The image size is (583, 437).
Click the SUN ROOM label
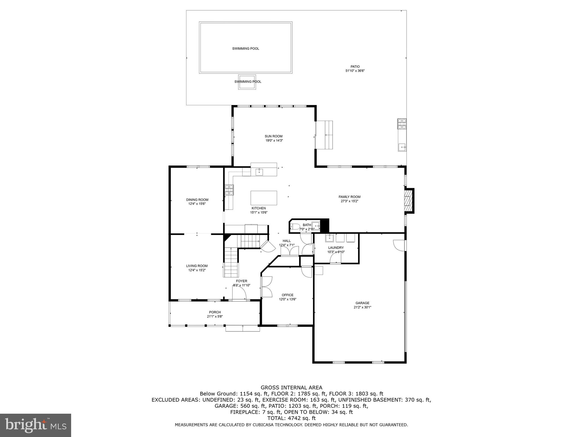pyautogui.click(x=274, y=136)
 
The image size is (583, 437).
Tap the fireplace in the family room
pyautogui.click(x=409, y=201)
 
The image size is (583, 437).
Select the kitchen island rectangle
pyautogui.click(x=264, y=198)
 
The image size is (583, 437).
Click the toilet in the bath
pyautogui.click(x=295, y=227)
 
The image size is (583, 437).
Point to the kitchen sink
pyautogui.click(x=259, y=172)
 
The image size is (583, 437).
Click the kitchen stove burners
pyautogui.click(x=229, y=190)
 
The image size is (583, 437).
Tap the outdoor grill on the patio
pyautogui.click(x=402, y=124)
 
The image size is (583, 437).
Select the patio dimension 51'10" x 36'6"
pyautogui.click(x=355, y=71)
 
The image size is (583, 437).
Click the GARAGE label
pyautogui.click(x=362, y=303)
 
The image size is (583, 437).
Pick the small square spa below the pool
pyautogui.click(x=247, y=82)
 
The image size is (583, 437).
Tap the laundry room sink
pyautogui.click(x=330, y=238)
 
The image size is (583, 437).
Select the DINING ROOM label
pyautogui.click(x=197, y=200)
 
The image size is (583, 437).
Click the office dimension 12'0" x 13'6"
pyautogui.click(x=288, y=299)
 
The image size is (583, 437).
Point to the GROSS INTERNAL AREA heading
pyautogui.click(x=291, y=387)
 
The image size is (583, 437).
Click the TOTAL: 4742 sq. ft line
pyautogui.click(x=291, y=418)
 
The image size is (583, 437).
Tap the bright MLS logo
pyautogui.click(x=36, y=425)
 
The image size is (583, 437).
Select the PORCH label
pyautogui.click(x=215, y=312)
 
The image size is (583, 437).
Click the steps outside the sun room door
pyautogui.click(x=325, y=135)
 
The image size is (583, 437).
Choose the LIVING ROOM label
pyautogui.click(x=197, y=266)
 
